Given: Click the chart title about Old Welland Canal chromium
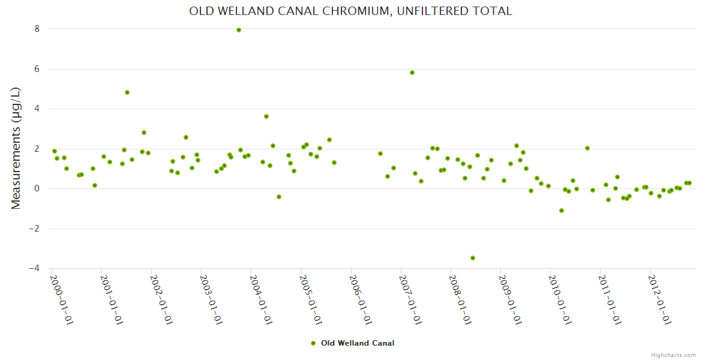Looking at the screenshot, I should click(x=350, y=11).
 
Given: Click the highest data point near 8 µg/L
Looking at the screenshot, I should click(x=239, y=29).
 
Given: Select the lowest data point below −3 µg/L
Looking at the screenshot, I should click(x=473, y=258).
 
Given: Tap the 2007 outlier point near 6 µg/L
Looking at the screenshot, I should click(x=412, y=73).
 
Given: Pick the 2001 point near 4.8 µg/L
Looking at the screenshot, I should click(x=127, y=92).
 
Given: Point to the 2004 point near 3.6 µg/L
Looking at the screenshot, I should click(x=266, y=116).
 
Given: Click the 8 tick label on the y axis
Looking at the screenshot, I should click(x=37, y=29).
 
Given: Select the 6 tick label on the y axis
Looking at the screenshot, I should click(x=37, y=69).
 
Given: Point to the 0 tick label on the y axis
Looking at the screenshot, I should click(x=37, y=189).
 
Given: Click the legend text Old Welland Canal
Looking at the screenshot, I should click(x=358, y=343).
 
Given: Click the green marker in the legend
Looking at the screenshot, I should click(x=313, y=343).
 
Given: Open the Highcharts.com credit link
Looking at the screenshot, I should click(x=673, y=355).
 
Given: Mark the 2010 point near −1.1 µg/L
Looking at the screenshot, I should click(x=562, y=211).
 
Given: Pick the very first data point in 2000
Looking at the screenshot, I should click(x=55, y=151).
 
